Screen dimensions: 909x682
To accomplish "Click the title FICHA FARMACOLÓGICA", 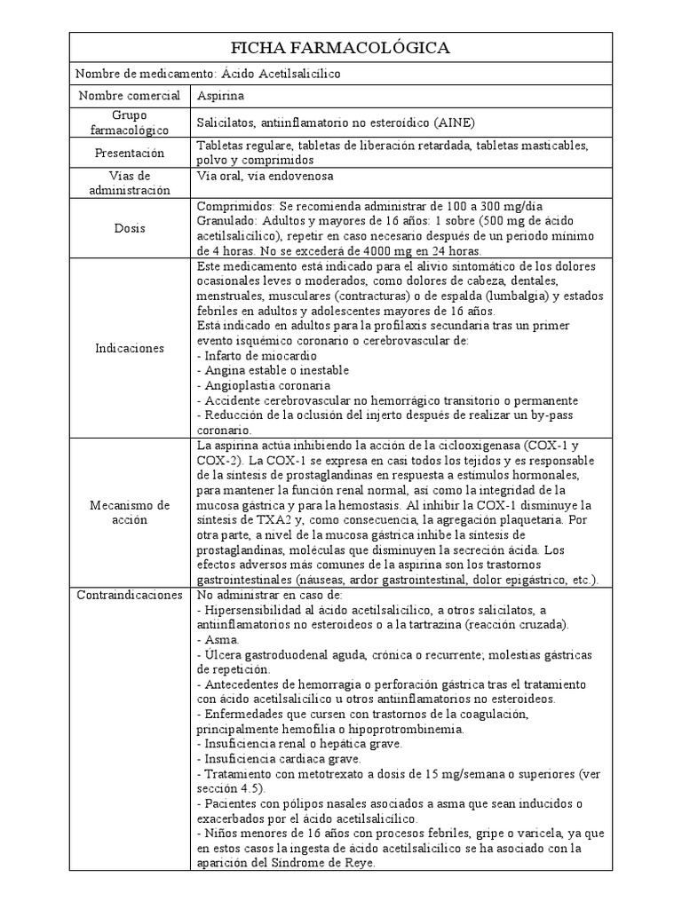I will point(340,48).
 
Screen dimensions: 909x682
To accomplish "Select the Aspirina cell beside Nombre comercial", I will point(221,95).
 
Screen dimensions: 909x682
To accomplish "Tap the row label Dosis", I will point(129,227).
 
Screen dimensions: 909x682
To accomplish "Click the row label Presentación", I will point(130,153).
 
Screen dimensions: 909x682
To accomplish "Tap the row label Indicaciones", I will point(130,348).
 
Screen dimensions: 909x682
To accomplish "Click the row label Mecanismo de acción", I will point(130,512).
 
